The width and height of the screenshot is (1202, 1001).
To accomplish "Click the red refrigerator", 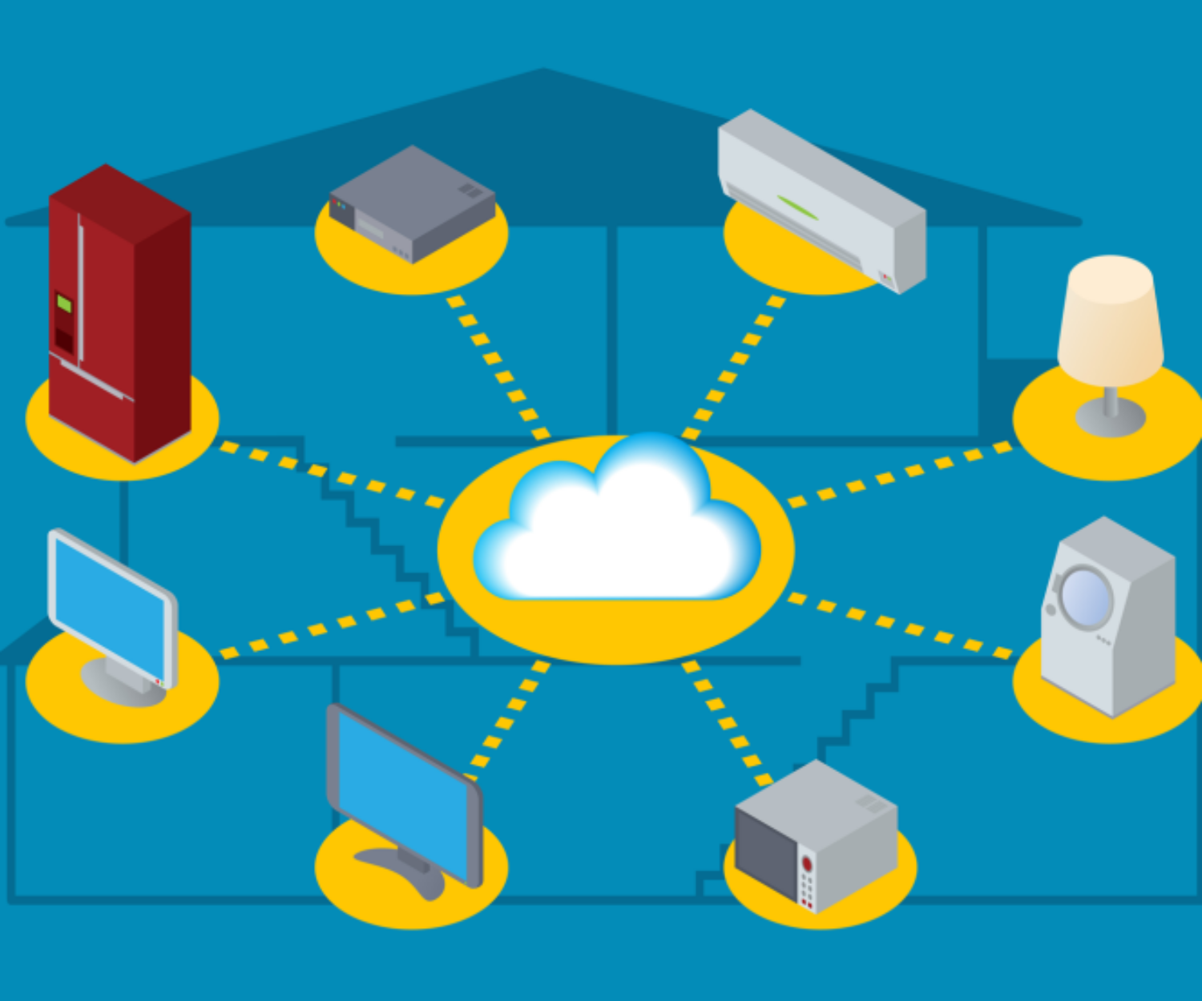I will (x=120, y=320).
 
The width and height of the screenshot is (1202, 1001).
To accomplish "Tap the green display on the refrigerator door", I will (x=64, y=304).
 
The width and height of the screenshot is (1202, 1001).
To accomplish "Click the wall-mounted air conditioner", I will (x=821, y=200).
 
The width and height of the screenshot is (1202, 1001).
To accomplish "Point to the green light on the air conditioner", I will (x=797, y=207).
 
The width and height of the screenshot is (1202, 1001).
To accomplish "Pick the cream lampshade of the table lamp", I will (x=1110, y=320).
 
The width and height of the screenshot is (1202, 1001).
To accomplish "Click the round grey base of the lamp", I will (x=1110, y=416).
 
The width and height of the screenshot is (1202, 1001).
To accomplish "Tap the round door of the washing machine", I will (x=1086, y=597).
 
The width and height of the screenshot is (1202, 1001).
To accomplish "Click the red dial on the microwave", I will (x=807, y=864).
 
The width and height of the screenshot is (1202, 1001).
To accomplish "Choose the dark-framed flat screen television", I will (x=405, y=793).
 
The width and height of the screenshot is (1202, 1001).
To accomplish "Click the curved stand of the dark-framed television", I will (x=405, y=869).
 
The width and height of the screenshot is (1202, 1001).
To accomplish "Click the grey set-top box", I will (x=412, y=204).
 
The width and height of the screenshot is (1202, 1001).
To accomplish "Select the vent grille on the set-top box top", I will (x=470, y=191).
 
